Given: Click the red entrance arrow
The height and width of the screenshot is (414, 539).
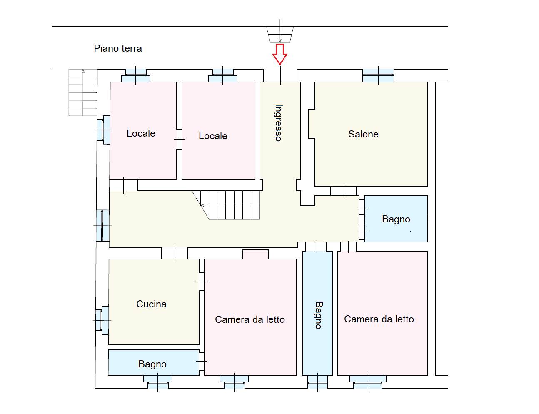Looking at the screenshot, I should (x=280, y=53).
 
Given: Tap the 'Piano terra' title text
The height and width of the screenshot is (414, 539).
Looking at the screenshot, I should (x=118, y=48).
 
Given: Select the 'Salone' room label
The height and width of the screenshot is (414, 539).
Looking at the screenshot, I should (x=363, y=134).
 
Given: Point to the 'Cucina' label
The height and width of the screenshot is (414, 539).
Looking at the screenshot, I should (x=151, y=304).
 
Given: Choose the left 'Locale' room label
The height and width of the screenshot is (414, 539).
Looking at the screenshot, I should (x=141, y=133).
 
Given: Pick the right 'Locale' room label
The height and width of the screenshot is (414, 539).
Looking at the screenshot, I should (x=213, y=136).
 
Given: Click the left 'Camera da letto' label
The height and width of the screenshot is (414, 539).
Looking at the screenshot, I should (x=250, y=319).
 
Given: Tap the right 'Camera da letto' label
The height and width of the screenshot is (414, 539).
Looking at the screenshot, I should (x=379, y=319).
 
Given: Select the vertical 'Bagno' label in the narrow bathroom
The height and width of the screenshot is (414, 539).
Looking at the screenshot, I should (x=318, y=315).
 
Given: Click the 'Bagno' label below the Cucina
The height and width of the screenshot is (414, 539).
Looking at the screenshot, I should (x=152, y=364).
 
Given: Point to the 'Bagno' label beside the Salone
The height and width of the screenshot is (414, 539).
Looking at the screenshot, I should (x=396, y=219).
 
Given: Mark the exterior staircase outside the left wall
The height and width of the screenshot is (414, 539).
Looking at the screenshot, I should (x=83, y=92).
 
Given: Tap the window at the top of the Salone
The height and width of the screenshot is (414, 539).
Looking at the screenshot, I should (x=378, y=76).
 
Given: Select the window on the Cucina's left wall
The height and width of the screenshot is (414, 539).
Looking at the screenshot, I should (x=102, y=320).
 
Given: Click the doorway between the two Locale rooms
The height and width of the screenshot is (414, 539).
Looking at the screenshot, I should (x=180, y=139).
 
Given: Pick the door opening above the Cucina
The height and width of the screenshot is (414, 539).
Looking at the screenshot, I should (x=175, y=253).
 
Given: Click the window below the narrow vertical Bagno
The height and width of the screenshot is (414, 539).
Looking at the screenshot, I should (x=317, y=382).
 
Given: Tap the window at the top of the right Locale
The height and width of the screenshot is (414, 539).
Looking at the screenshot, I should (x=223, y=76).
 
